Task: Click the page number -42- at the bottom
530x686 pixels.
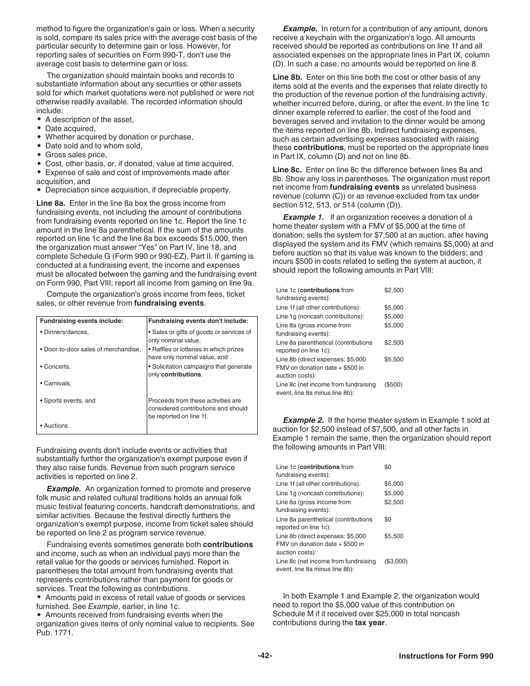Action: pyautogui.click(x=264, y=656)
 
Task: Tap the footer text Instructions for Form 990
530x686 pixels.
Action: pyautogui.click(x=446, y=656)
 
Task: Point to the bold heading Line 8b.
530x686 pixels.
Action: pyautogui.click(x=287, y=77)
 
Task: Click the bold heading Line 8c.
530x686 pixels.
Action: pyautogui.click(x=287, y=170)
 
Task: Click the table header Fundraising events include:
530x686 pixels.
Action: pyautogui.click(x=81, y=321)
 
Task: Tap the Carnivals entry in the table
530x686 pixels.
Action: pyautogui.click(x=56, y=383)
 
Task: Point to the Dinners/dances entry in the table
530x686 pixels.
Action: pyautogui.click(x=64, y=332)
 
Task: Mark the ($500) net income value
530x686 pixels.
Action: pyautogui.click(x=393, y=384)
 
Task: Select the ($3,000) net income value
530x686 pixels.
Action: pyautogui.click(x=396, y=561)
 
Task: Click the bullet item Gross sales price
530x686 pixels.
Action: pyautogui.click(x=76, y=154)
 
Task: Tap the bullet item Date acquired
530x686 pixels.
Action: pyautogui.click(x=70, y=128)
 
